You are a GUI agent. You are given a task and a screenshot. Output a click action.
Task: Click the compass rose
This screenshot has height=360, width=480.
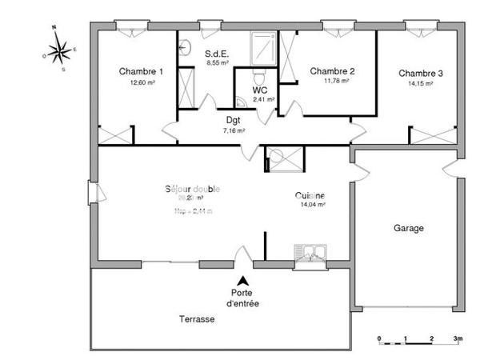(x=58, y=52)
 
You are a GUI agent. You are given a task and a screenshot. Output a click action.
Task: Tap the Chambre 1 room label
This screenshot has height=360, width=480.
(x=141, y=71)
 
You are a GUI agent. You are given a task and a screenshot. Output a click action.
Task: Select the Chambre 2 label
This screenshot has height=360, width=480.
(x=332, y=70)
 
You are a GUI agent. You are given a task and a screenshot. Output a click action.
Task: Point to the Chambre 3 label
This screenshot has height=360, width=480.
(x=421, y=73)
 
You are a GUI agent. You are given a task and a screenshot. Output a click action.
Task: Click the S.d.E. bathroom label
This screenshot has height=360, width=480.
(x=218, y=53)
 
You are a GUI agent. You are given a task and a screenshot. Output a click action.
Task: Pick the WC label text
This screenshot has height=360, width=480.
(x=260, y=90)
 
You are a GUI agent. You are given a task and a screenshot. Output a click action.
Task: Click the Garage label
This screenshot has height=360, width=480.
(x=408, y=228)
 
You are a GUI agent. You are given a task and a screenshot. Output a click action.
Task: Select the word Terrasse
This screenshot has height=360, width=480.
(x=196, y=318)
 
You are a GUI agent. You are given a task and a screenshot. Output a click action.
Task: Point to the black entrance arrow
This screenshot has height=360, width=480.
(x=242, y=280)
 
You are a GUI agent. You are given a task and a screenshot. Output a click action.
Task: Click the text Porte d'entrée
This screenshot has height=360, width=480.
(x=242, y=298)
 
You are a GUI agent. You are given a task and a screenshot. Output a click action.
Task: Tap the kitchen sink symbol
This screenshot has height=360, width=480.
(x=310, y=253)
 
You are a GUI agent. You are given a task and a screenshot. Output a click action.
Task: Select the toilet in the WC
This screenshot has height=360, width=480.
(x=258, y=76)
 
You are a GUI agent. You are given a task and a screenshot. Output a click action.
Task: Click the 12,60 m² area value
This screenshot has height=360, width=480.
(x=141, y=82)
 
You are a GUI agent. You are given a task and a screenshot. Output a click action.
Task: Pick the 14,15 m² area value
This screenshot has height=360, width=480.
(x=421, y=83)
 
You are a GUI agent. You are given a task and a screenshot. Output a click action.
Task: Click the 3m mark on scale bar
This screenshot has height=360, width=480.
(x=457, y=337)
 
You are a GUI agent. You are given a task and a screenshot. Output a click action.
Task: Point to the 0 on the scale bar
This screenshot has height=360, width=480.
(x=379, y=337)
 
